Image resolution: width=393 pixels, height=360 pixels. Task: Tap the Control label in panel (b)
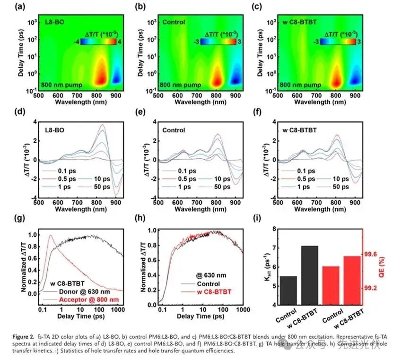tap(173, 22)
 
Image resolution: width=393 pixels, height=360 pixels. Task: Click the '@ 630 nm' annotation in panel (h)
tap(203, 274)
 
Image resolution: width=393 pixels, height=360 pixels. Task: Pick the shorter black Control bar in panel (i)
tap(288, 291)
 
